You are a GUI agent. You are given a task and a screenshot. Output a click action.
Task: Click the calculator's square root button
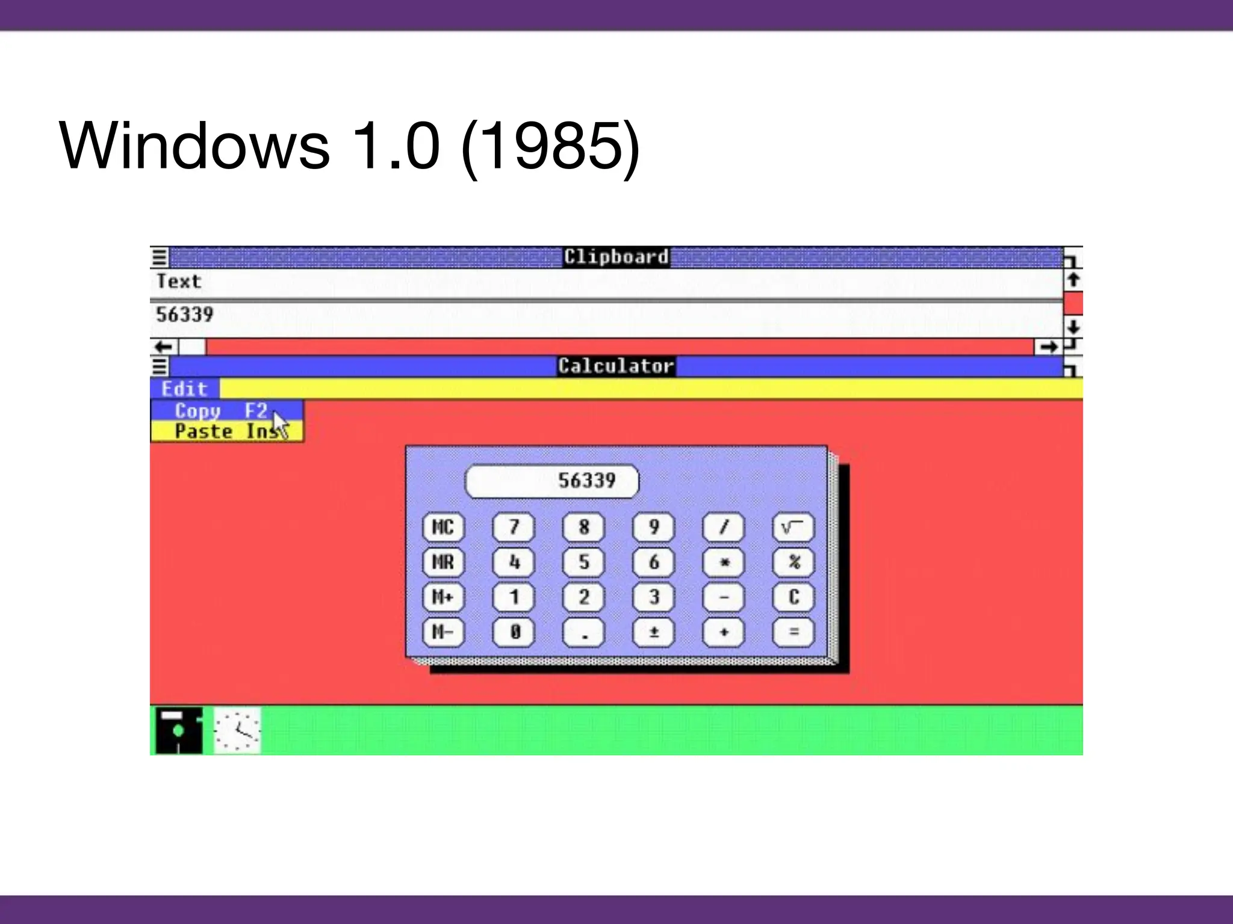(793, 528)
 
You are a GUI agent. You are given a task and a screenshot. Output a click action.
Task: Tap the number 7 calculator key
(514, 528)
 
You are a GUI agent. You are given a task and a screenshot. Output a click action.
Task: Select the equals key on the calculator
(793, 632)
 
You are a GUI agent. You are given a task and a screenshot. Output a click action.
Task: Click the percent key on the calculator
(793, 562)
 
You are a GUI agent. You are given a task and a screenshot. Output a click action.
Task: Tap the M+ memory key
(443, 597)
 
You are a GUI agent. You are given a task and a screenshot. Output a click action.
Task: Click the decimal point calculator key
(583, 632)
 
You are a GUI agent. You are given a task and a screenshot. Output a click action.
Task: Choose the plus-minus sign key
(653, 632)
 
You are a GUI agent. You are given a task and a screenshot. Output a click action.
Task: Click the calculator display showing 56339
(551, 481)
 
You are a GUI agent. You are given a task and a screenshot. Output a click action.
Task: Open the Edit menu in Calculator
(184, 389)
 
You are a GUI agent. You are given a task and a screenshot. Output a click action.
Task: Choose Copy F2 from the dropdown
(220, 411)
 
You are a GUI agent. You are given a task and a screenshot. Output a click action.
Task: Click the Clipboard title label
(616, 257)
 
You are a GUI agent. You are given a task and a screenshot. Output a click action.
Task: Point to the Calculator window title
(616, 366)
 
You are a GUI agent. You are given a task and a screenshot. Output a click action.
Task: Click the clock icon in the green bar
(237, 730)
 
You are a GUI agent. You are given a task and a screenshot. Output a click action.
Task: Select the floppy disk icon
(178, 730)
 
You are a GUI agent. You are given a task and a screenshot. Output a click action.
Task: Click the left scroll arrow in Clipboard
(164, 347)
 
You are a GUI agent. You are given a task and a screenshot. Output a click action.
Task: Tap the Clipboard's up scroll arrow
(1073, 280)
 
